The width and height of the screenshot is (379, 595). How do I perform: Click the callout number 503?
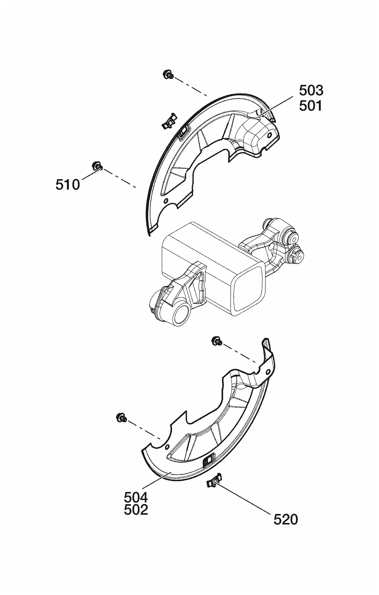[x=311, y=91]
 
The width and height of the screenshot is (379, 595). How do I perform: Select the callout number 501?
[x=311, y=105]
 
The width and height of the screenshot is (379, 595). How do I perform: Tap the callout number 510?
[x=67, y=185]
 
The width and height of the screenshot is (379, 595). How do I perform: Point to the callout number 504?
[x=136, y=496]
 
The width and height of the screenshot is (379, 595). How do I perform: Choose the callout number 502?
[x=136, y=510]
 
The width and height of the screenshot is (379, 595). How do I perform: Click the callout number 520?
[x=286, y=520]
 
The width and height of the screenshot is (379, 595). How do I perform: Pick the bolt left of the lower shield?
[x=121, y=417]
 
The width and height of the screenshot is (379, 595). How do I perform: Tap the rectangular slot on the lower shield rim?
[x=208, y=461]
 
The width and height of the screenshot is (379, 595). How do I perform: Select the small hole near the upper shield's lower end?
[x=166, y=201]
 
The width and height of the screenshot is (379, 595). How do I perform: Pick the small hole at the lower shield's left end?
[x=168, y=447]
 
